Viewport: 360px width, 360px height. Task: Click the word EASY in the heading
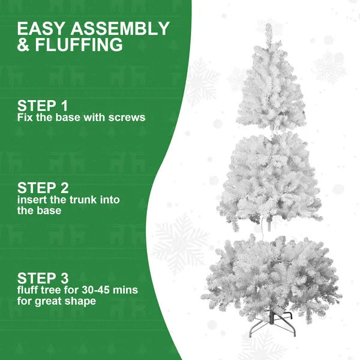39,29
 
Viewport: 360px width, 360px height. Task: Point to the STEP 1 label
42,105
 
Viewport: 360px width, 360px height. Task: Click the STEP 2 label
42,188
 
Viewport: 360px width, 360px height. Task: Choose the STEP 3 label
42,278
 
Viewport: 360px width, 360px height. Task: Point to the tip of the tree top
268,27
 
